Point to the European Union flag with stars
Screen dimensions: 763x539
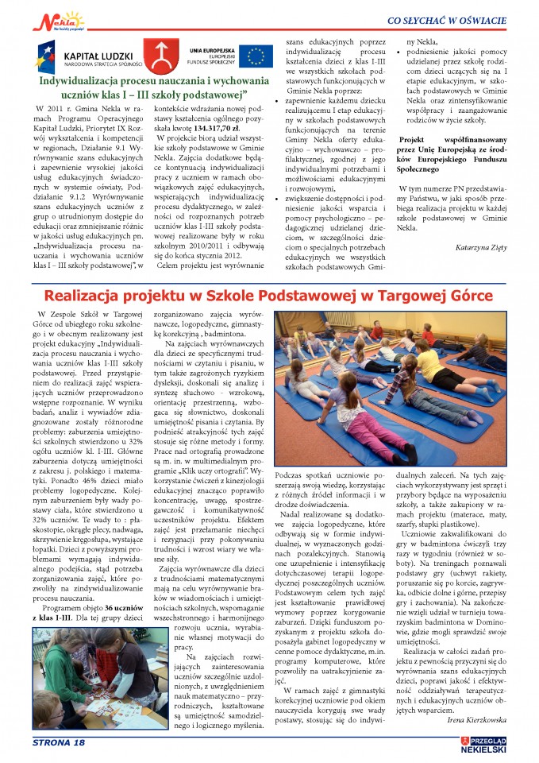(x=256, y=55)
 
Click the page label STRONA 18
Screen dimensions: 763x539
(x=56, y=742)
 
